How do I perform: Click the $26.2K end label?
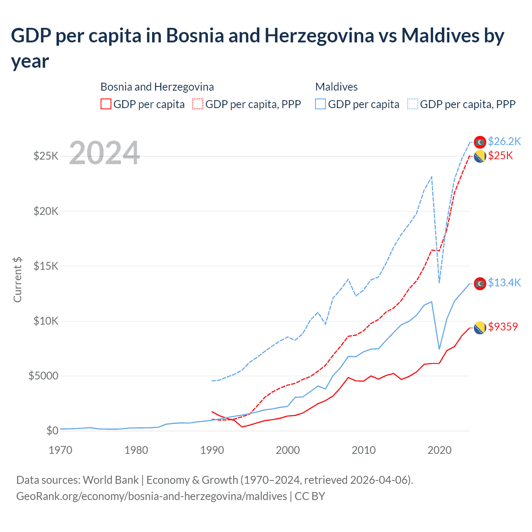(504, 141)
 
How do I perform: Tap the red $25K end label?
(500, 155)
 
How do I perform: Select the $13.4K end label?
(504, 283)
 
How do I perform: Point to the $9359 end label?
(503, 327)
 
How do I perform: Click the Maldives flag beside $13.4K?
(480, 283)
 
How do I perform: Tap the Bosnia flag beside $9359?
(480, 328)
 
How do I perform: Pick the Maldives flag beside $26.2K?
(480, 142)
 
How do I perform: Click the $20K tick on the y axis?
(46, 211)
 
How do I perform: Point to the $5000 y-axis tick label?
(43, 376)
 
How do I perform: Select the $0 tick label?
(52, 431)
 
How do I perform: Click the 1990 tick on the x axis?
(212, 450)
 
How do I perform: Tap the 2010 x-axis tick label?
(364, 450)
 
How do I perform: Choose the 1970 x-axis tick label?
(61, 450)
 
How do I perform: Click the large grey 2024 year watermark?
(104, 153)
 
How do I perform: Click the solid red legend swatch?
(106, 104)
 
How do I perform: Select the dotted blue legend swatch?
(413, 104)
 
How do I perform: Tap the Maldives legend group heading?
(336, 87)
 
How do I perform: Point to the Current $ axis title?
(17, 279)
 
